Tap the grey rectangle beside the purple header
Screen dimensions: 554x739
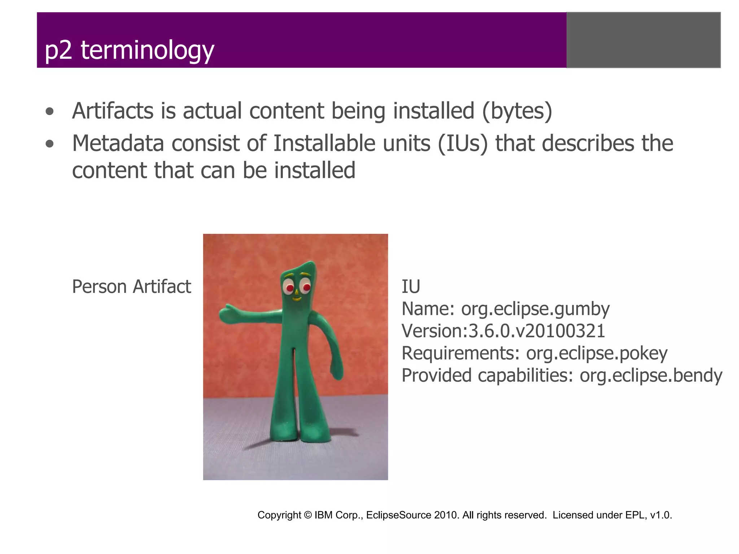(643, 40)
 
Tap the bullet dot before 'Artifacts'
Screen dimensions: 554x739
(50, 112)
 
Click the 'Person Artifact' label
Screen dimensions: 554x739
(131, 287)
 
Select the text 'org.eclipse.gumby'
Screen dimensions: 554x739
(535, 309)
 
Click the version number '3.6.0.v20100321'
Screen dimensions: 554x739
(537, 331)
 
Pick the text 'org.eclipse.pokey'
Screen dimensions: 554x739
(596, 353)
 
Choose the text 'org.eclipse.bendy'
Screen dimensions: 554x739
(651, 375)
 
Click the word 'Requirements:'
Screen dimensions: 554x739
(460, 353)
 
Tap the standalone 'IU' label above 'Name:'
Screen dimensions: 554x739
(411, 287)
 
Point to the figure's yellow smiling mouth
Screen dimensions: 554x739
(296, 299)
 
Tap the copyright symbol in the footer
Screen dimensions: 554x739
(308, 515)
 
